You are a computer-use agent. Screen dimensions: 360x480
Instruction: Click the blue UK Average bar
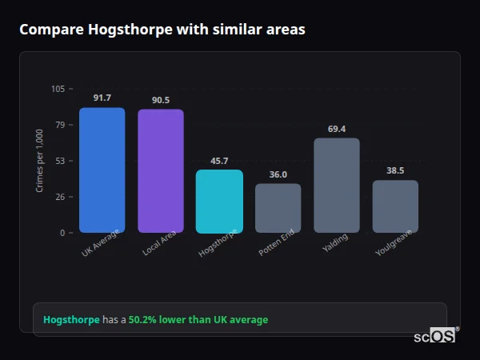[x=102, y=170]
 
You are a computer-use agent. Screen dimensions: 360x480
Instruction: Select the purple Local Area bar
[x=160, y=171]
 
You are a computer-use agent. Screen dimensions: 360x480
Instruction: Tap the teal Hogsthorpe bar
[x=219, y=201]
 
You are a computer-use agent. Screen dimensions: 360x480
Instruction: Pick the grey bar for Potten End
[x=278, y=208]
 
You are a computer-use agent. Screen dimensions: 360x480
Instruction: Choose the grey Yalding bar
[x=336, y=186]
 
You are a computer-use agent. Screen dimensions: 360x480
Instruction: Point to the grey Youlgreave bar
[x=395, y=206]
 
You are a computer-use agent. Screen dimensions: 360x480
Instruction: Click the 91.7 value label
[x=102, y=98]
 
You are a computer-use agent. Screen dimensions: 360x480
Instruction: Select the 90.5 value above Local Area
[x=160, y=100]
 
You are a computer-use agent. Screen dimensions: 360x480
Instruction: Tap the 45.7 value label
[x=219, y=161]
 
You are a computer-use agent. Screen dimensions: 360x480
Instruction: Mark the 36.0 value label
[x=278, y=174]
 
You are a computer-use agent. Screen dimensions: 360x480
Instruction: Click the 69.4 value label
[x=336, y=129]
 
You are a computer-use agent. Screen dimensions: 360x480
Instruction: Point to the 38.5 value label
[x=395, y=170]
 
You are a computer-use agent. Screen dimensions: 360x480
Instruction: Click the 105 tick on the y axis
[x=58, y=89]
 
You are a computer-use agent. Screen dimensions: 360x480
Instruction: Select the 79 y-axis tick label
[x=60, y=125]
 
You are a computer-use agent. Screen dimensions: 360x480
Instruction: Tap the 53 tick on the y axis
[x=60, y=161]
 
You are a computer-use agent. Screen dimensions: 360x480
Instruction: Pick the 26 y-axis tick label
[x=60, y=197]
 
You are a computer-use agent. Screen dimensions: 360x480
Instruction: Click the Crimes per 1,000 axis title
[x=40, y=161]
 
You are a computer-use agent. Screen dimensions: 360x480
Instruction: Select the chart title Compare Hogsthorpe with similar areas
[x=162, y=30]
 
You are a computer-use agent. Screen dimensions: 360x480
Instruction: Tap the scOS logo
[x=434, y=337]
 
